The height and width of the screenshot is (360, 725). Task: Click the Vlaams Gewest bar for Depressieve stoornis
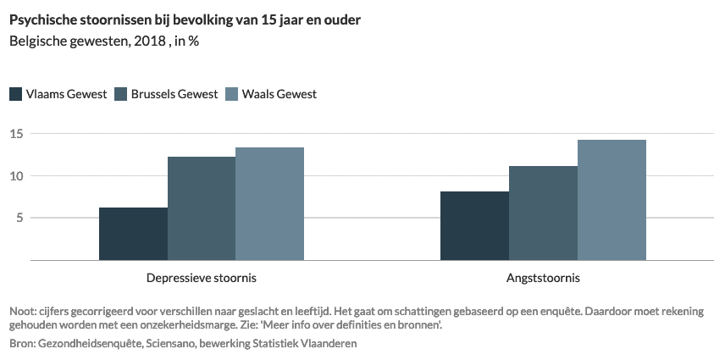(x=133, y=234)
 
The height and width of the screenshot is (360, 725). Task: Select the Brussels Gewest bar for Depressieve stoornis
(x=202, y=208)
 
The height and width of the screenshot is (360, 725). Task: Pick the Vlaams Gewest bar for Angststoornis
(x=474, y=225)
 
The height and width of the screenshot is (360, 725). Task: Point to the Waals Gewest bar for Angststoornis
(x=612, y=200)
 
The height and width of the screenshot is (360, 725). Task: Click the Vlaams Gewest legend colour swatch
(x=16, y=94)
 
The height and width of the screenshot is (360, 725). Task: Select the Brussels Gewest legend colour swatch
(x=121, y=94)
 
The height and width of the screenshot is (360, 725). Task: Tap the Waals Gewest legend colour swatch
(x=231, y=94)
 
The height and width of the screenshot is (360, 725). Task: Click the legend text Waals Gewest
(x=279, y=94)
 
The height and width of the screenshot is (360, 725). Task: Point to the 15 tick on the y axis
(x=16, y=134)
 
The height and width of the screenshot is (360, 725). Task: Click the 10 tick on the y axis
(x=16, y=176)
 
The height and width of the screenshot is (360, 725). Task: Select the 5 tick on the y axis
(x=19, y=218)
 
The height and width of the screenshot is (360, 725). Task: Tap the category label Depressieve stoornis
(x=202, y=277)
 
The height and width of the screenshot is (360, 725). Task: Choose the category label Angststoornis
(x=543, y=277)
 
